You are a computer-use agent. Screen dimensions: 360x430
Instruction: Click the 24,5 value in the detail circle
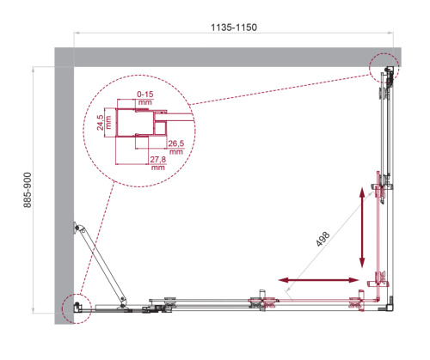(x=100, y=121)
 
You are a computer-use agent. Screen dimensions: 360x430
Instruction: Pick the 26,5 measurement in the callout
(x=175, y=143)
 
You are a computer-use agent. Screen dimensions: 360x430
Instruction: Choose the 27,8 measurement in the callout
(x=157, y=159)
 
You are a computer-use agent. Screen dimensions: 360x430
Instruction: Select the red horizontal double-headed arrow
(x=318, y=279)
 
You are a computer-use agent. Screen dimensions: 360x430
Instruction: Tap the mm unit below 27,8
(x=157, y=168)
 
